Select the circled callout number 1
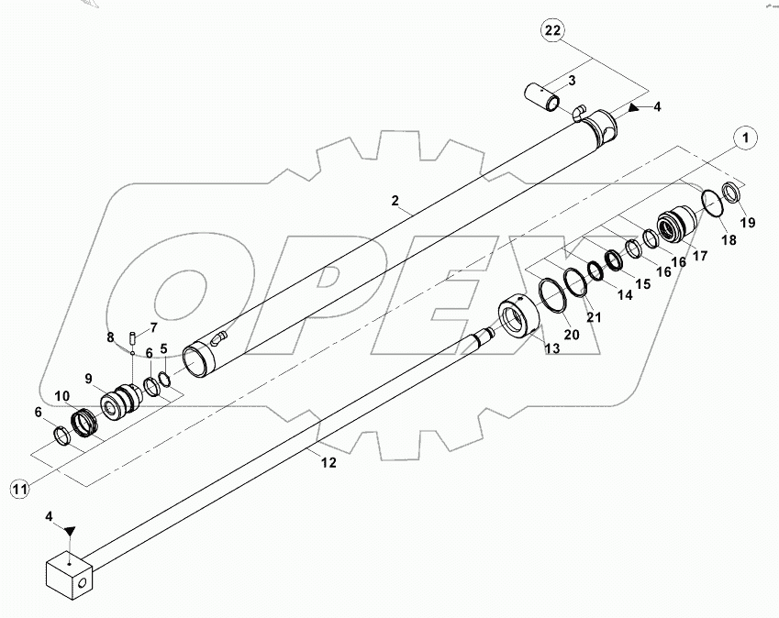point(748,138)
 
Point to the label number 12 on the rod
point(328,463)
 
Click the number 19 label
point(748,223)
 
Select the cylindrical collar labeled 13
point(518,320)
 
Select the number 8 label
point(110,337)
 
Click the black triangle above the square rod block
point(69,529)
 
